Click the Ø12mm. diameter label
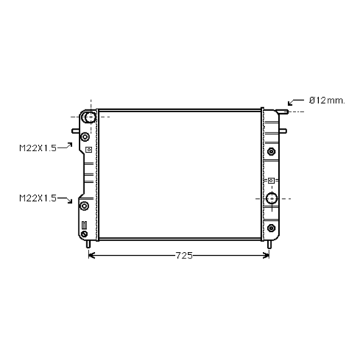(x=327, y=101)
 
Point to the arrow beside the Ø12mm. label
(x=296, y=102)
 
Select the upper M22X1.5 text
(x=38, y=148)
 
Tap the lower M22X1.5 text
(x=38, y=198)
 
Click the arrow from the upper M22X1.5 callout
(x=65, y=145)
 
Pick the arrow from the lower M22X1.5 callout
(x=65, y=200)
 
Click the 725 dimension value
(x=184, y=256)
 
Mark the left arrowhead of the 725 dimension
(x=91, y=256)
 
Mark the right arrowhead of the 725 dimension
(x=266, y=256)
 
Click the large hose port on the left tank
(x=89, y=117)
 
